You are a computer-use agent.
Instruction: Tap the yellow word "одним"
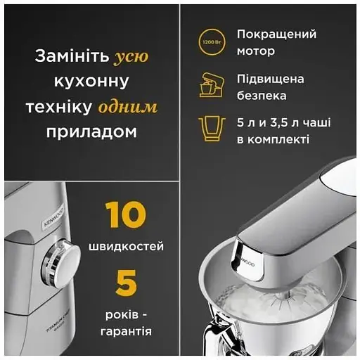tap(127, 106)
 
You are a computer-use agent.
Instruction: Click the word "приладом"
tap(91, 131)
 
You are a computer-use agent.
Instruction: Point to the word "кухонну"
tap(91, 82)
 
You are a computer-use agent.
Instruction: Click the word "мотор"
tap(257, 51)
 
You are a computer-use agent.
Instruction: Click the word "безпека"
tap(262, 96)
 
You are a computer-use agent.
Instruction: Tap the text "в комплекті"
tap(273, 140)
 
